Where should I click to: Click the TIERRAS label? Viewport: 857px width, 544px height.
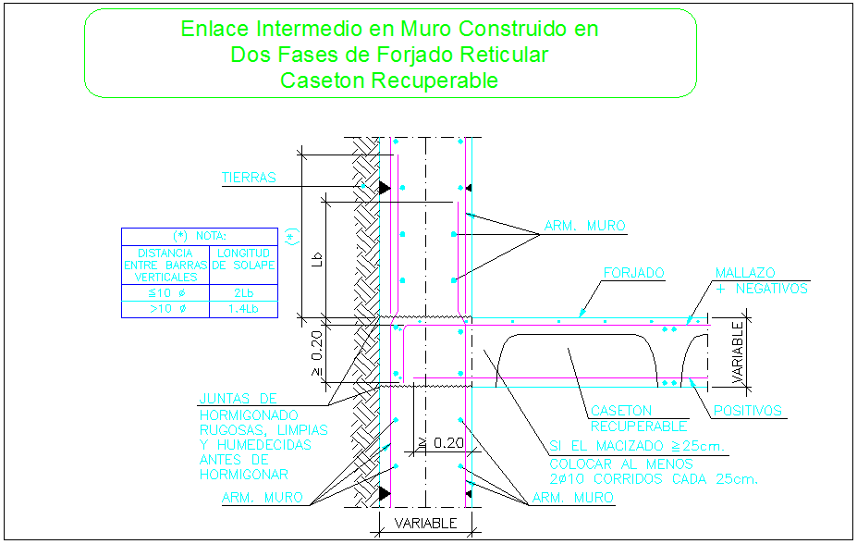click(249, 178)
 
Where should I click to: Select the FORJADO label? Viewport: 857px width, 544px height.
click(633, 274)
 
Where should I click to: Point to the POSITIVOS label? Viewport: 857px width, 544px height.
click(747, 411)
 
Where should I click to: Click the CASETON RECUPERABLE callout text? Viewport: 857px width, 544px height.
click(637, 418)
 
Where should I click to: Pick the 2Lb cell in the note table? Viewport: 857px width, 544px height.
click(244, 293)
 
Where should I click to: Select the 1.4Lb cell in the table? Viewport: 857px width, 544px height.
click(244, 310)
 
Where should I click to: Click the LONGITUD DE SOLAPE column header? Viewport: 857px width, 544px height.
click(244, 259)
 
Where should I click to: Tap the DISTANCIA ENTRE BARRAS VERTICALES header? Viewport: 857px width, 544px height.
click(166, 265)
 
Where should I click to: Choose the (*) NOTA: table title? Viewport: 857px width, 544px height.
click(199, 236)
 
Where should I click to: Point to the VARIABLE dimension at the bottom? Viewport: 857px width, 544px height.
click(426, 524)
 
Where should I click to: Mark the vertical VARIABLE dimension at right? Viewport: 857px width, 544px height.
click(738, 352)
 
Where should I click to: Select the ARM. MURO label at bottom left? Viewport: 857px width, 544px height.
click(263, 498)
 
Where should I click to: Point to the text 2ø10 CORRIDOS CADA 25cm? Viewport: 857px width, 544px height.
click(654, 479)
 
